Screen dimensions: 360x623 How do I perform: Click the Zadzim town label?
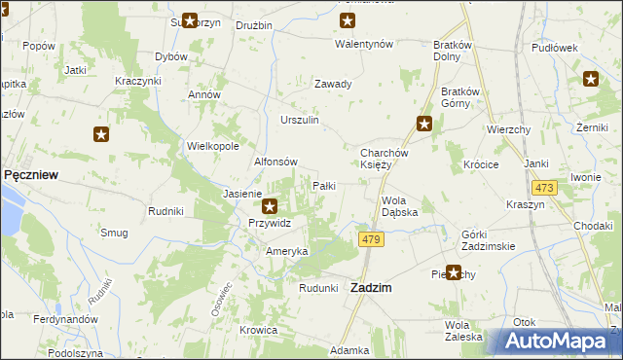pos(372,287)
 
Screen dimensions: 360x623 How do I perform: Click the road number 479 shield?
pos(369,239)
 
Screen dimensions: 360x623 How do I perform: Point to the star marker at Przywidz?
pos(271,205)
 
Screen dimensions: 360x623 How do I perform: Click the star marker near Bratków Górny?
pos(424,124)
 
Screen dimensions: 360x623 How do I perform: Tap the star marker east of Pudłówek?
pos(590,80)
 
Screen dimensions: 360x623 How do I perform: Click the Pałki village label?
pos(324,185)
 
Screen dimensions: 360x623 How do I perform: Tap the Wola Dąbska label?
pos(399,205)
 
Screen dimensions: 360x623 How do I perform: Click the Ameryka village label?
pos(287,251)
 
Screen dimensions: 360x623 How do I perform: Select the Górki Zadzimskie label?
pos(488,240)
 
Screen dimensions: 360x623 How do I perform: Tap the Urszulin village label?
pos(300,120)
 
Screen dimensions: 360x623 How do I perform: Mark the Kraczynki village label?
pos(137,80)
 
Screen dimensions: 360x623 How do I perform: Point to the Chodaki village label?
pos(593,226)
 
